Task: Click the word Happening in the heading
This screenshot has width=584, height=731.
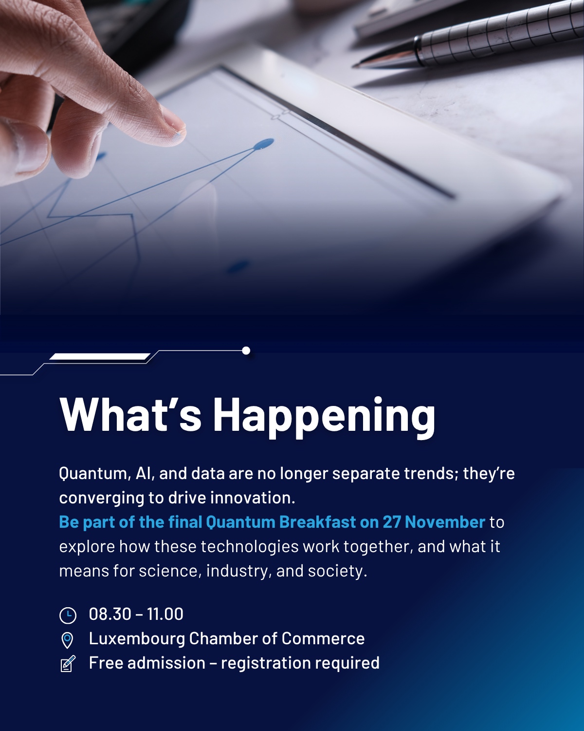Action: (x=324, y=417)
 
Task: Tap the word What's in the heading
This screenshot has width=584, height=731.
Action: (x=130, y=414)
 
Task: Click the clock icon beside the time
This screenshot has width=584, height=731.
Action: (x=68, y=615)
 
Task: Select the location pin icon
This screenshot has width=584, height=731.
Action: (x=67, y=640)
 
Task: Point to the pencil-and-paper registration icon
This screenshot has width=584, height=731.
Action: (x=68, y=664)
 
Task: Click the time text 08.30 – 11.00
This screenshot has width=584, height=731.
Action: (x=136, y=614)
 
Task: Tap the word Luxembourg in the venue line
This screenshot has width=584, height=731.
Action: (x=137, y=638)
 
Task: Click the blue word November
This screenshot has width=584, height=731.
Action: (x=445, y=522)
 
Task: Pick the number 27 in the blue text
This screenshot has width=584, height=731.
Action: (x=392, y=522)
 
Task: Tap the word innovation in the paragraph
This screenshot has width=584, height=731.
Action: (x=253, y=498)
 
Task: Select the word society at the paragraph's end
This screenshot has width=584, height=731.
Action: (x=337, y=571)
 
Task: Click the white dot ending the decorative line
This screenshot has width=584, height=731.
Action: (x=246, y=350)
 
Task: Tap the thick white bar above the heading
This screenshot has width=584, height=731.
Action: (x=100, y=356)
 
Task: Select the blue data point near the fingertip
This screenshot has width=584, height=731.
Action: (x=264, y=144)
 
